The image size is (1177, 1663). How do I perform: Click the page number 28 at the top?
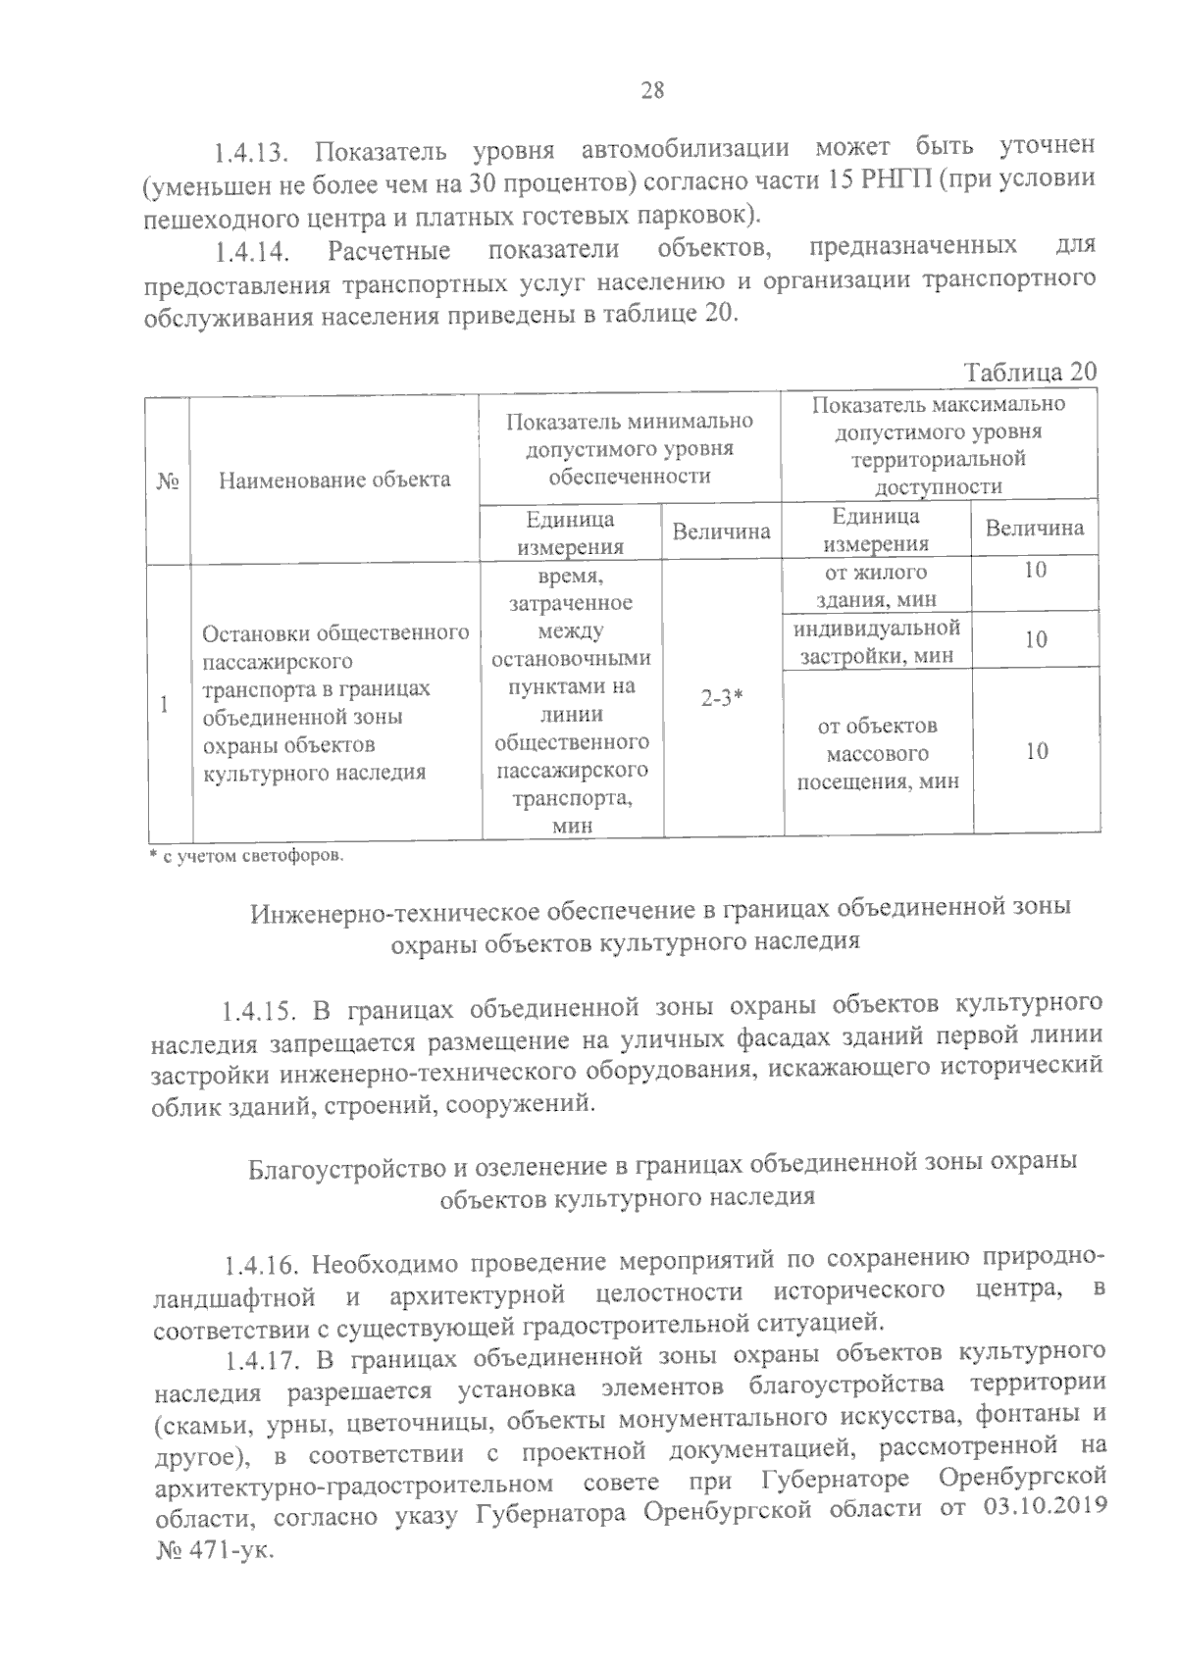coord(652,91)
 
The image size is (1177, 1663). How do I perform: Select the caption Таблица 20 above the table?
coord(1029,373)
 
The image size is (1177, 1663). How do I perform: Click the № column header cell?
coord(167,479)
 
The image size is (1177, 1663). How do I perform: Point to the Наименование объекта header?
coord(334,479)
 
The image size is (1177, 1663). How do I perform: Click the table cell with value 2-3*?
coord(722,699)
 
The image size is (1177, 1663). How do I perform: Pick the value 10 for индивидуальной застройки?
coord(1035,640)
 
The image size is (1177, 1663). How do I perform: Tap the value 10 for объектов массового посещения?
coord(1036,752)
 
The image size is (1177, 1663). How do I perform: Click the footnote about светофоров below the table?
coord(246,856)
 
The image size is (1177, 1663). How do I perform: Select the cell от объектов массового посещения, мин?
coord(877,754)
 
